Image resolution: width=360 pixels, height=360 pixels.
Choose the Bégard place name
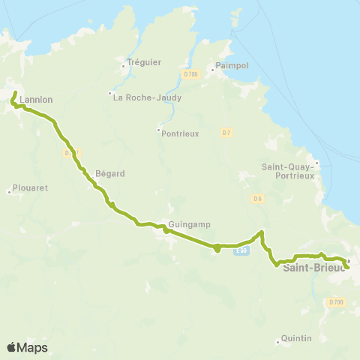pos(110,173)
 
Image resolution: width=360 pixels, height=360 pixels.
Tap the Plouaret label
pos(31,188)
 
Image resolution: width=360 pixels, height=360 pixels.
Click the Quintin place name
pos(296,339)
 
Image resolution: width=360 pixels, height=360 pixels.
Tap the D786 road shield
pos(190,73)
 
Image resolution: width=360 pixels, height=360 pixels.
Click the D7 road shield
pos(226,133)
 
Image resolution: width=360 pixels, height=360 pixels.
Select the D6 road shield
pos(257,199)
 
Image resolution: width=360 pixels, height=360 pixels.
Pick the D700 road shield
pos(335,301)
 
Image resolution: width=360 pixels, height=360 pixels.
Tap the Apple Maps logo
pos(27,347)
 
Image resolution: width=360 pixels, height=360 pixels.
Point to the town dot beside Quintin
pos(278,340)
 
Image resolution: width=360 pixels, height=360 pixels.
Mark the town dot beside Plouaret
pos(10,192)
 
